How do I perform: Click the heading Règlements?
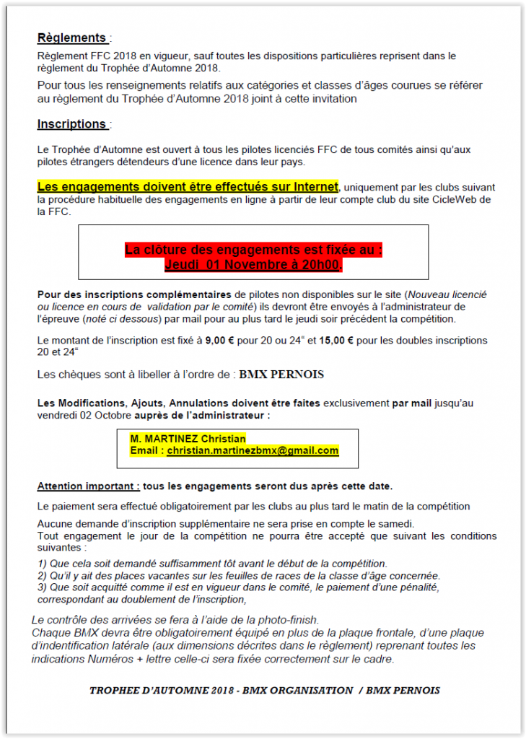(72, 38)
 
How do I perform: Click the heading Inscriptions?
(72, 124)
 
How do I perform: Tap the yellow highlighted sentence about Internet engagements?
(188, 187)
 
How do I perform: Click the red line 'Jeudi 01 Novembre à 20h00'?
(253, 265)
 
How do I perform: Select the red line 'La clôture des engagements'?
(253, 250)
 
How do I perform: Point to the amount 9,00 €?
(204, 340)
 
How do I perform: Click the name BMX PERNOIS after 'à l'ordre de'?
(282, 375)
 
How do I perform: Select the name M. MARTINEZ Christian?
(188, 439)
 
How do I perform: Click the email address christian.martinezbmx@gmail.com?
(253, 450)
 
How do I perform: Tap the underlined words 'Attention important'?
(88, 486)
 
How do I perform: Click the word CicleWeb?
(440, 198)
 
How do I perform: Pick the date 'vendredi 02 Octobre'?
(79, 414)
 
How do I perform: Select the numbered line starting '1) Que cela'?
(211, 564)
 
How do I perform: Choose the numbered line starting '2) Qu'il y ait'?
(238, 575)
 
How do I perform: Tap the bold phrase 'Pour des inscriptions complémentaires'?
(135, 295)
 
